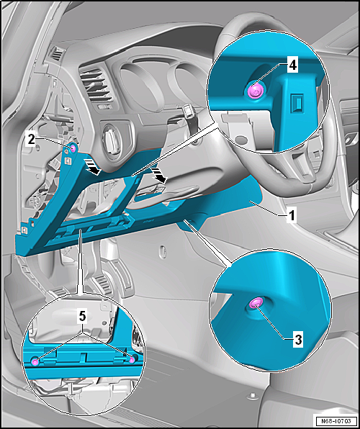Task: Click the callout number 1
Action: pos(292,217)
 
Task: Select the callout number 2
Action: pos(31,140)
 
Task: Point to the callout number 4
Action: pos(292,66)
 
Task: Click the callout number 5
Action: pos(83,317)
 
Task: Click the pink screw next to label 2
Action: pos(73,148)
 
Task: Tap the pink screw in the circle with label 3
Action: pos(257,302)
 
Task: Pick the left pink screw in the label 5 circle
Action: pos(35,363)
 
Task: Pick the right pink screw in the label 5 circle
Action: pos(132,360)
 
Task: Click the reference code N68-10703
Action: pos(336,420)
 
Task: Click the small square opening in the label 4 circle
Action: pos(297,102)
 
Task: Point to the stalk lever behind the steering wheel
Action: pos(189,117)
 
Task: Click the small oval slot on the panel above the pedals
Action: pos(163,250)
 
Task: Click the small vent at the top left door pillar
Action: pos(58,53)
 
